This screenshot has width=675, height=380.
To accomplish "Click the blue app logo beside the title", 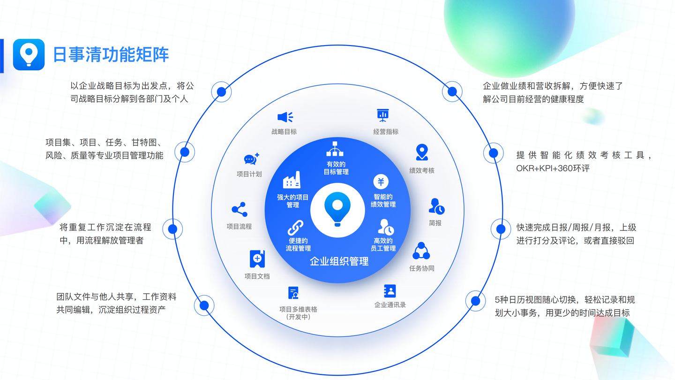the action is point(29,54).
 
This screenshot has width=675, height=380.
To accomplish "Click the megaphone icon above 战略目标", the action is point(285,117).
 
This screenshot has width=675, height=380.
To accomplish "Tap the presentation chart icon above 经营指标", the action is point(383,115).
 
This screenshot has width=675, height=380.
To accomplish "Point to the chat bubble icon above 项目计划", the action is point(251,160).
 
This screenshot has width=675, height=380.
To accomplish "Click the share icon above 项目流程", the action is point(239,210).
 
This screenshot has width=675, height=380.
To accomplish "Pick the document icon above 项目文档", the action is point(257,259).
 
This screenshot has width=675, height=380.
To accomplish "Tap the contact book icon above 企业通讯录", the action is point(390,291).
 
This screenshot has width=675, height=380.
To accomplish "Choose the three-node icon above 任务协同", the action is point(421,251).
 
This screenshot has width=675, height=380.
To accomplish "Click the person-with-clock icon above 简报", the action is point(436,206).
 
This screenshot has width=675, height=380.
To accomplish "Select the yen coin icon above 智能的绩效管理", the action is point(381,182).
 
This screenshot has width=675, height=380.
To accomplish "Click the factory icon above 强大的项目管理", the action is point(292,180).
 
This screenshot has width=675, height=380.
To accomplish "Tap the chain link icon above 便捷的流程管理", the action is point(295,228).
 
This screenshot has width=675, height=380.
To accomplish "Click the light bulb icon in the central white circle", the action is point(337,209).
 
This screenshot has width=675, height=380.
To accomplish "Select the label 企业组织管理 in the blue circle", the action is point(339,262).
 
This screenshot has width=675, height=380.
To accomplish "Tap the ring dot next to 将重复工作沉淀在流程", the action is point(172,229).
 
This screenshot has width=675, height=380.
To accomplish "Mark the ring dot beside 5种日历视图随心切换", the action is point(475,301).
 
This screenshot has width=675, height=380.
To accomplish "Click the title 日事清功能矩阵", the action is point(111,54).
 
